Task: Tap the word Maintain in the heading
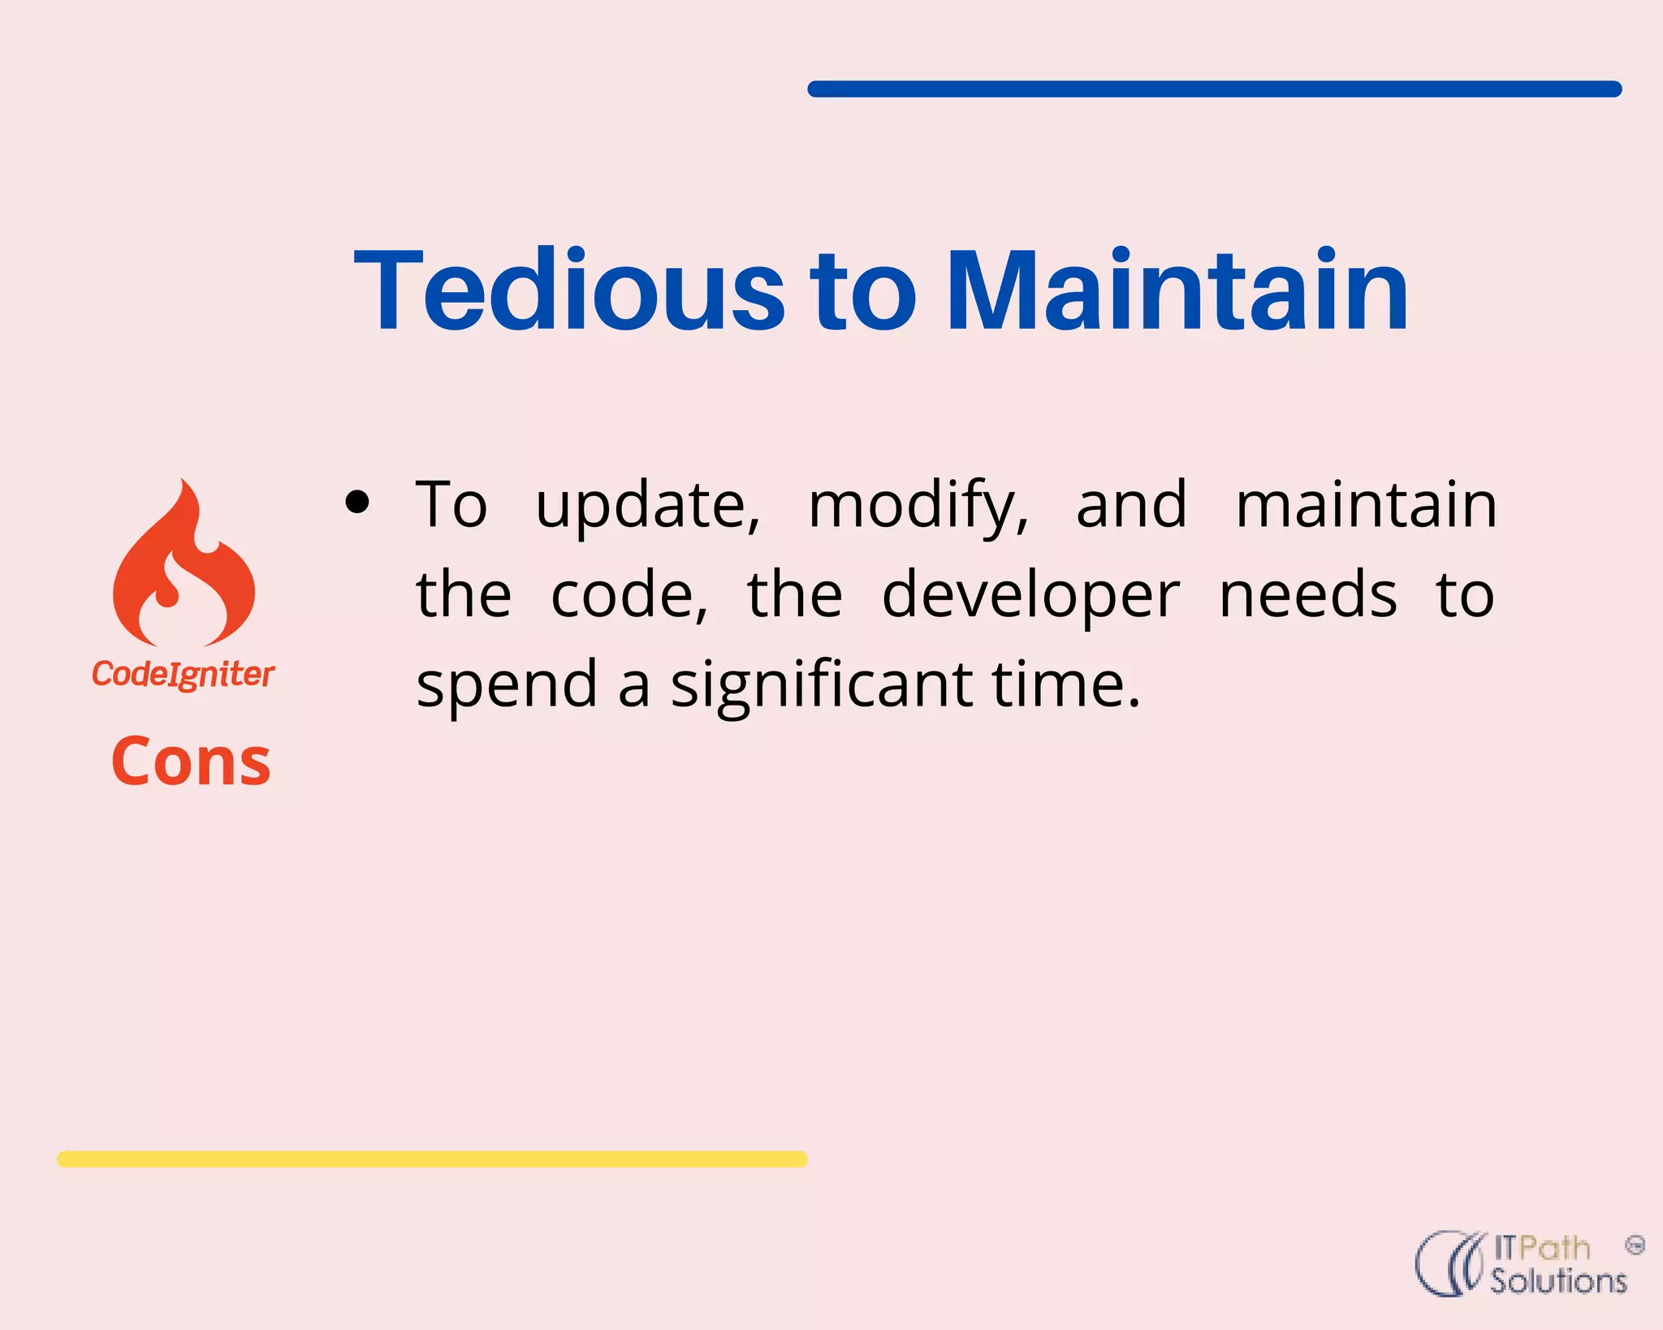click(1177, 291)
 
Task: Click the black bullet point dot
click(357, 503)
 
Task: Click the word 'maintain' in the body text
click(1366, 505)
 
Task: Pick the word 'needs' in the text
click(1308, 595)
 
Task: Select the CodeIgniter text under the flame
click(184, 674)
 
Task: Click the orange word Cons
click(191, 762)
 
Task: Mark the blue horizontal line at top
click(1214, 89)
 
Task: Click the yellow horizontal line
click(432, 1159)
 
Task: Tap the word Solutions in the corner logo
click(1557, 1281)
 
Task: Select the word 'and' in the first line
click(1131, 505)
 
